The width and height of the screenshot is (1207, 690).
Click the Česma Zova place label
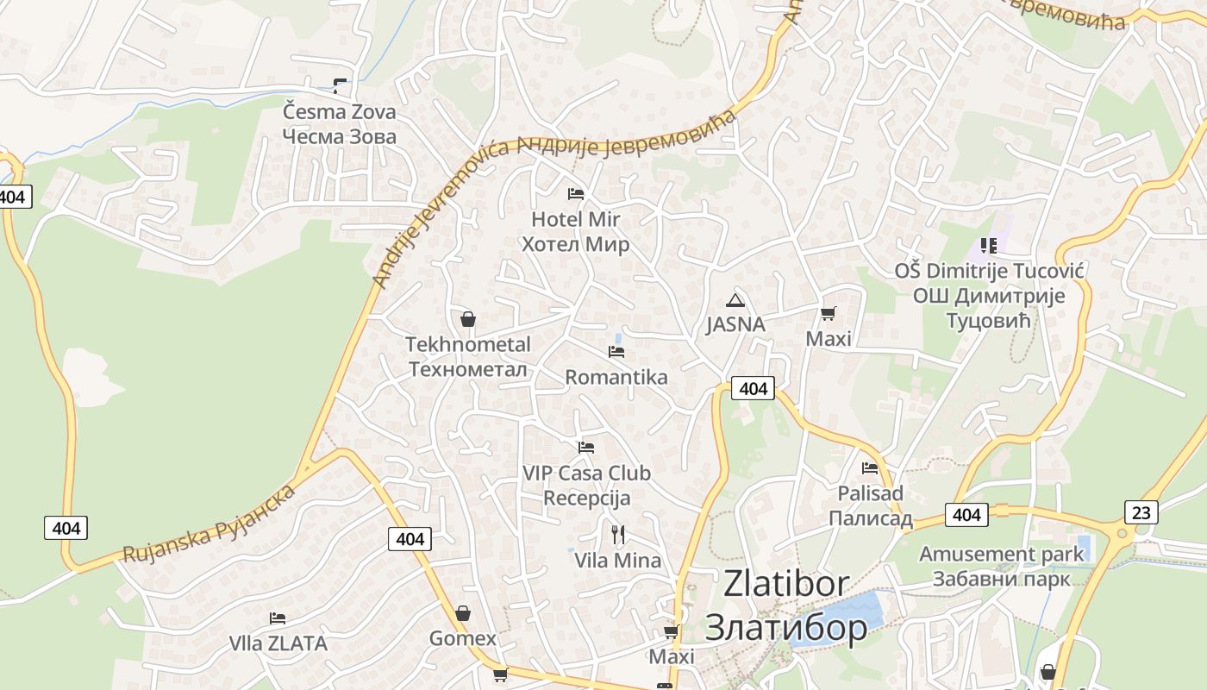(340, 123)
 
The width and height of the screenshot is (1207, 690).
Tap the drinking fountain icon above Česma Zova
(340, 85)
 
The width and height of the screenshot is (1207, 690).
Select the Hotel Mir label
(575, 231)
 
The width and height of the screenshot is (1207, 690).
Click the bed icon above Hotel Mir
(576, 193)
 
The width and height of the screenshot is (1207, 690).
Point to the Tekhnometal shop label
(468, 356)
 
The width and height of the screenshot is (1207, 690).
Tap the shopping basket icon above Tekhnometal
(468, 319)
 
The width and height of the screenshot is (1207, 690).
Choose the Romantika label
(616, 377)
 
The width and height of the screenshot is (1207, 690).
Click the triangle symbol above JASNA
(735, 300)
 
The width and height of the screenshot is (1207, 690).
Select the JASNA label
(735, 324)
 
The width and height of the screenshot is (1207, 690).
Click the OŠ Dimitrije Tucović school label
(989, 295)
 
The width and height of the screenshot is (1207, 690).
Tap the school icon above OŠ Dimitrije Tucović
(988, 246)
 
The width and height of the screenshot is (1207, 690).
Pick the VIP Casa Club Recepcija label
(586, 485)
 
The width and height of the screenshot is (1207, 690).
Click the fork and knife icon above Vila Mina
(617, 535)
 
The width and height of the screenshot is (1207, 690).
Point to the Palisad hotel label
(870, 505)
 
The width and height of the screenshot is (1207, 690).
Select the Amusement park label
(1001, 565)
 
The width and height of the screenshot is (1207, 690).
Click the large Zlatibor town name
(786, 605)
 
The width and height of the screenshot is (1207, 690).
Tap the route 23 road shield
(1141, 512)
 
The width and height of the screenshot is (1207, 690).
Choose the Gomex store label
(463, 638)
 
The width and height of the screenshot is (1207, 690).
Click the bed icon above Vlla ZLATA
(278, 618)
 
